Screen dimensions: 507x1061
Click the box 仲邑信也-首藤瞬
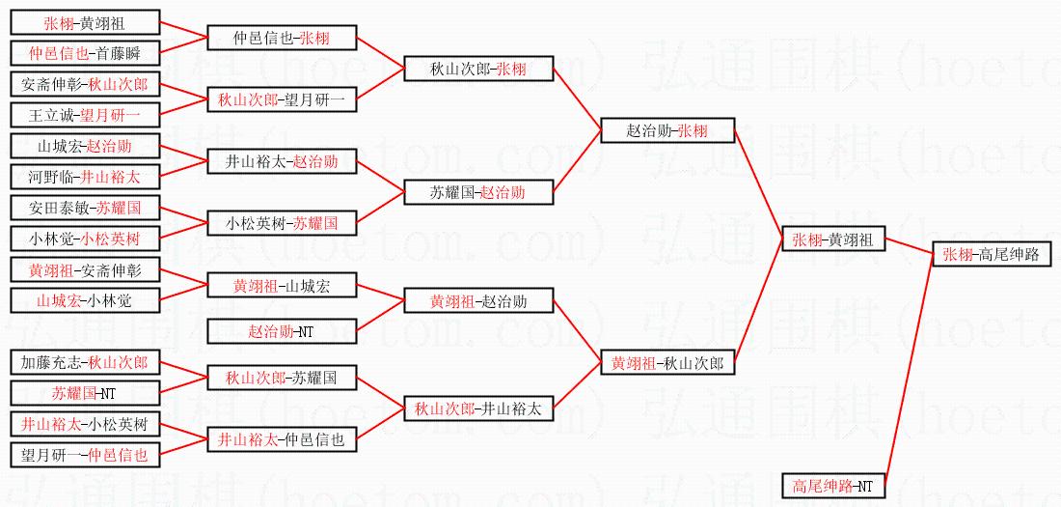pyautogui.click(x=85, y=54)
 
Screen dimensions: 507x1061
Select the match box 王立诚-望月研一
pyautogui.click(x=85, y=116)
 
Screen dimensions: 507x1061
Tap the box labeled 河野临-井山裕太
pyautogui.click(x=85, y=177)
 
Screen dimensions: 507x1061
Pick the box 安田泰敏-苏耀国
pyautogui.click(x=85, y=208)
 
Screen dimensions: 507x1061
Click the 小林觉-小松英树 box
pyautogui.click(x=85, y=239)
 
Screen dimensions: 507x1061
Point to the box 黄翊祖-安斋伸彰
pyautogui.click(x=85, y=269)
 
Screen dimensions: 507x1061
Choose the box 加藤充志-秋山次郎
pyautogui.click(x=85, y=363)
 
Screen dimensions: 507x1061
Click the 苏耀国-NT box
pyautogui.click(x=85, y=393)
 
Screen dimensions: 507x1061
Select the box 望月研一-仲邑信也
pyautogui.click(x=85, y=454)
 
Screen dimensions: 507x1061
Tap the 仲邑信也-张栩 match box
pyautogui.click(x=282, y=39)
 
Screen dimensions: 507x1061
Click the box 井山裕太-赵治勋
pyautogui.click(x=282, y=161)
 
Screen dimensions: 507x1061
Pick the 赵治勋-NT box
pyautogui.click(x=282, y=332)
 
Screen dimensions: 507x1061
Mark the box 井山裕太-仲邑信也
pyautogui.click(x=282, y=439)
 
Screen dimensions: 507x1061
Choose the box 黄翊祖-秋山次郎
pyautogui.click(x=667, y=363)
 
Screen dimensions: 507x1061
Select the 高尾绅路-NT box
pyautogui.click(x=832, y=486)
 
